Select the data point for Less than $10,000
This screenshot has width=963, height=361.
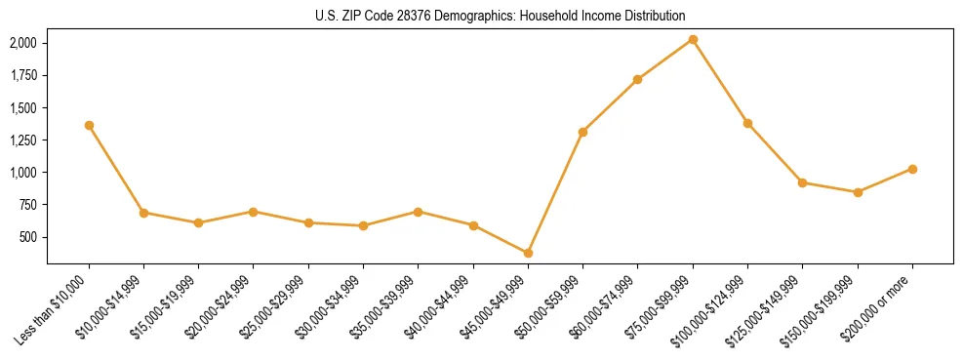(x=89, y=125)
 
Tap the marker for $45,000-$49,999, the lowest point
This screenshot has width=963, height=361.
(x=528, y=253)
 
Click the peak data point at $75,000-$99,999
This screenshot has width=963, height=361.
(x=693, y=39)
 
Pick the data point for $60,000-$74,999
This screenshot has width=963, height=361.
(x=638, y=79)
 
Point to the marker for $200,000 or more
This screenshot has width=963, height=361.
(x=912, y=169)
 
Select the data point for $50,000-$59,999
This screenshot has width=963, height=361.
(x=582, y=132)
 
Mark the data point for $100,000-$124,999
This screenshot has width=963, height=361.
(x=747, y=123)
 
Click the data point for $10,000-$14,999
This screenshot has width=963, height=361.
(x=143, y=213)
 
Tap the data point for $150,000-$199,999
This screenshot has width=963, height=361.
(x=858, y=192)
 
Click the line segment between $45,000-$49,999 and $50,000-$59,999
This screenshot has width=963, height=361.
(x=555, y=192)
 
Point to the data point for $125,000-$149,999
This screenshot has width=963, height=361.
(x=802, y=182)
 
